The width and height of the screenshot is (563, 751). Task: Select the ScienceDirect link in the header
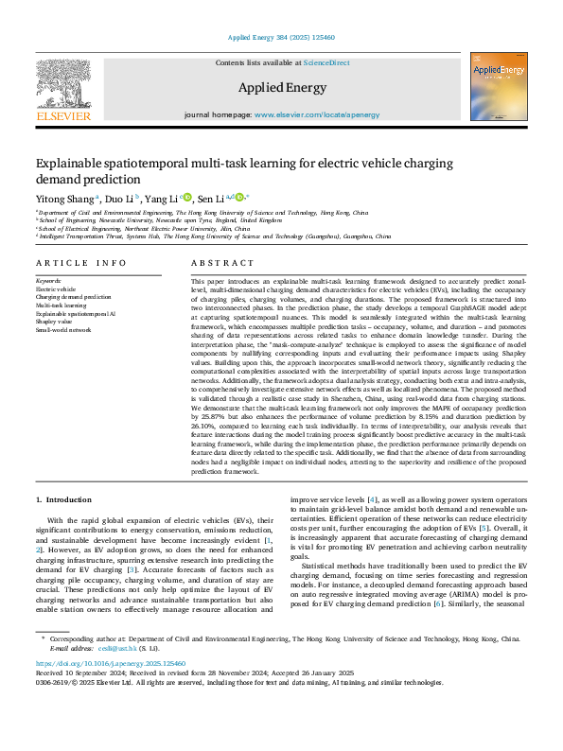[x=326, y=62]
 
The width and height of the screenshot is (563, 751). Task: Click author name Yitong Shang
[x=65, y=199]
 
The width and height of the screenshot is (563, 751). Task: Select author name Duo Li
[x=120, y=199]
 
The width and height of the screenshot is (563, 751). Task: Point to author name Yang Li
[x=161, y=199]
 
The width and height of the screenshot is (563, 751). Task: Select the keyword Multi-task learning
[x=61, y=306]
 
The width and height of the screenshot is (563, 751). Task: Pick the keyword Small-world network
[x=63, y=330]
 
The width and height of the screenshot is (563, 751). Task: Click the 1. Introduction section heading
[x=63, y=498]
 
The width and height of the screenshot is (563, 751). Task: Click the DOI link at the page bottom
[x=111, y=664]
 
